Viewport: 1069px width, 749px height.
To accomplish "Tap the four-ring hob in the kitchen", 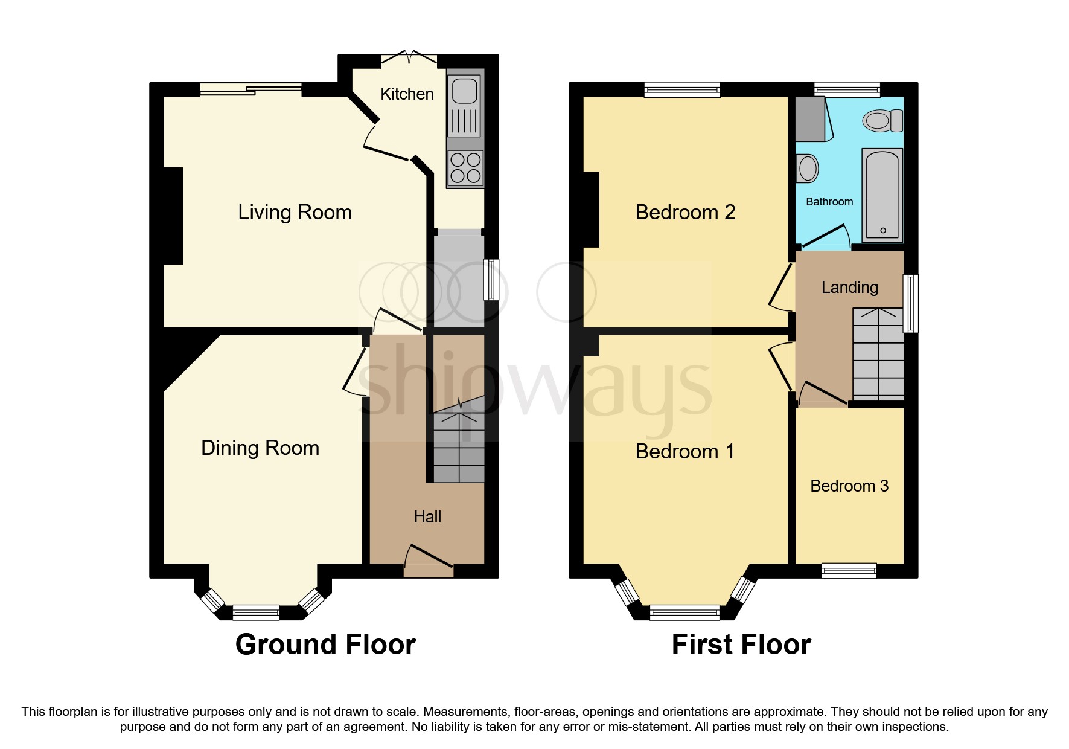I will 465,168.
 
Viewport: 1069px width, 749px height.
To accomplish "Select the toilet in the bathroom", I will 882,121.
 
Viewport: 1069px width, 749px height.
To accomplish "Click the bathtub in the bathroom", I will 882,194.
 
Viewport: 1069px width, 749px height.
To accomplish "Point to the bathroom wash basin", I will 807,168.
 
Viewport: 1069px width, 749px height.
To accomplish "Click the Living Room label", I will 295,213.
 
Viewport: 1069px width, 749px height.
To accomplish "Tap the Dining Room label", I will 260,448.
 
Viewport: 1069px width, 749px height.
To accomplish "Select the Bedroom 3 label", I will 849,486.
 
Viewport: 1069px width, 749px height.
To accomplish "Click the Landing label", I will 849,288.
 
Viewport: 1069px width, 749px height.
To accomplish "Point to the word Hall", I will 427,517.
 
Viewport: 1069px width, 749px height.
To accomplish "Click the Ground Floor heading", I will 325,645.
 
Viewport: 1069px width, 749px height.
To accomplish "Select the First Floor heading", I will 741,645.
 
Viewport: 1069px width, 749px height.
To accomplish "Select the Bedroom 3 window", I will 849,570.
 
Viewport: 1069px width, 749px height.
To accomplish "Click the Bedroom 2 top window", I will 682,90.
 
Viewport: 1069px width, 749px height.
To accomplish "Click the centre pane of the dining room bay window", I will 256,612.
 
